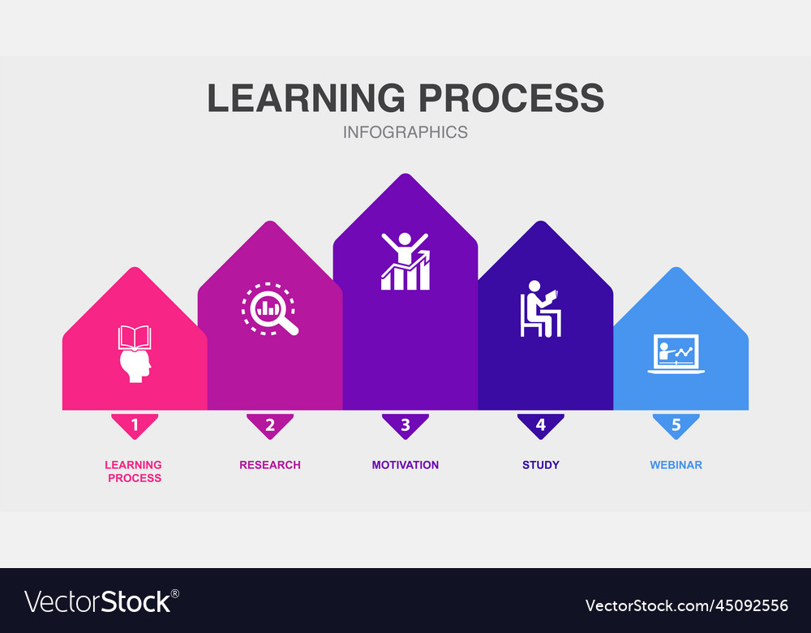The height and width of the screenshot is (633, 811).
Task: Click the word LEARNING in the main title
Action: click(x=307, y=97)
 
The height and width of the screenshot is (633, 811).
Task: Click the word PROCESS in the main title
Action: click(x=511, y=97)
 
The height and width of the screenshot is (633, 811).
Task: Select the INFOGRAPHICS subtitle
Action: click(x=405, y=131)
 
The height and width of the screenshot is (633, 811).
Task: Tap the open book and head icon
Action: click(x=135, y=353)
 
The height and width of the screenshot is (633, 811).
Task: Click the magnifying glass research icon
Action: click(x=270, y=309)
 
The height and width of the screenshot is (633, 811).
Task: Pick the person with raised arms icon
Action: click(x=405, y=261)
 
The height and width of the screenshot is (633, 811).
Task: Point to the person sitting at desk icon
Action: click(x=540, y=308)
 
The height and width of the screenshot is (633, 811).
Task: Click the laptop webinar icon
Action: click(x=676, y=354)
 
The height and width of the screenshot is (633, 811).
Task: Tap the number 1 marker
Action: click(x=135, y=424)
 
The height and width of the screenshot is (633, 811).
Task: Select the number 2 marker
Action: click(x=270, y=424)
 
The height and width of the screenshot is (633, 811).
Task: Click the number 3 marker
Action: click(x=405, y=424)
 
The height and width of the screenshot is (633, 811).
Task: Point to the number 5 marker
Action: click(x=676, y=424)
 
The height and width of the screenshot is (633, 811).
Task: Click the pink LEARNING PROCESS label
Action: click(x=134, y=472)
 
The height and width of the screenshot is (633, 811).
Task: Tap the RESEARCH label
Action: click(x=270, y=465)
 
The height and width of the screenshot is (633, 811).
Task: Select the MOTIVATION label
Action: click(x=405, y=465)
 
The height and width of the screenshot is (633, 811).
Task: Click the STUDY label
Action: click(x=541, y=465)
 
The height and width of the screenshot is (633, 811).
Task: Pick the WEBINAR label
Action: click(x=676, y=465)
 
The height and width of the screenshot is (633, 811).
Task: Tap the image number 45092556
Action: click(x=686, y=605)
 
